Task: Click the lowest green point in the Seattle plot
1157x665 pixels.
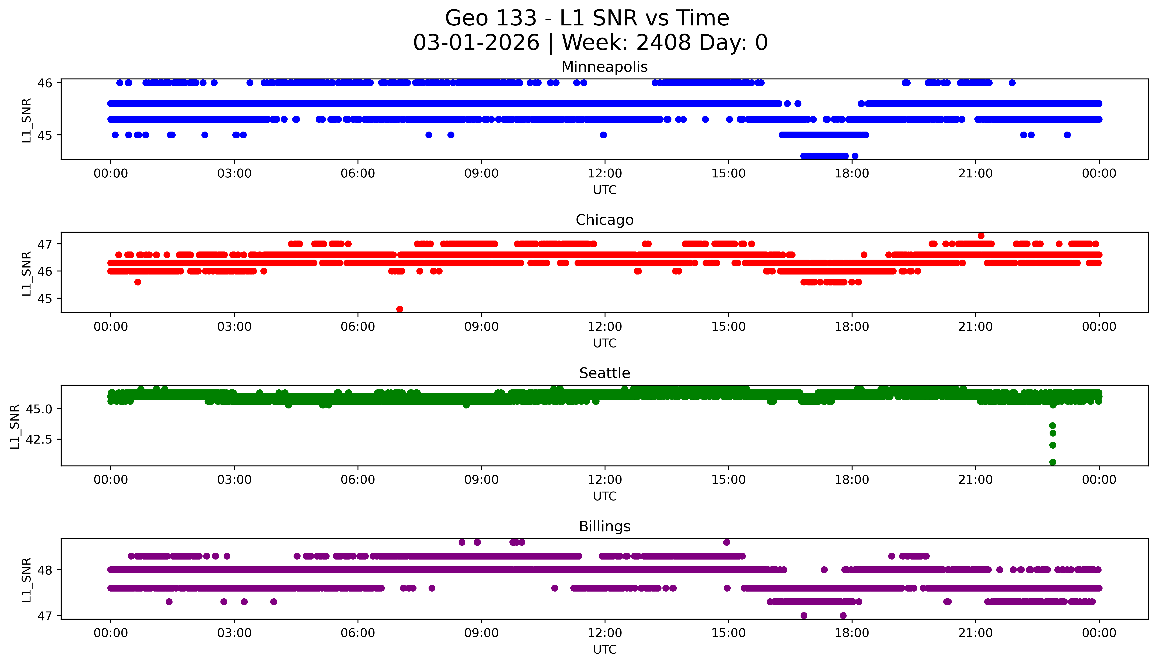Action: (x=1052, y=462)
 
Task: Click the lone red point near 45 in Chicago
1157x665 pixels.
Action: (x=400, y=309)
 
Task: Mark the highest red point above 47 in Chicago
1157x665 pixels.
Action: (x=981, y=236)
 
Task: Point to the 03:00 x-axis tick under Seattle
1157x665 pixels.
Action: (x=234, y=480)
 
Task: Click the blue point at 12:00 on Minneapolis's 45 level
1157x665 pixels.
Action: (x=603, y=135)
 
